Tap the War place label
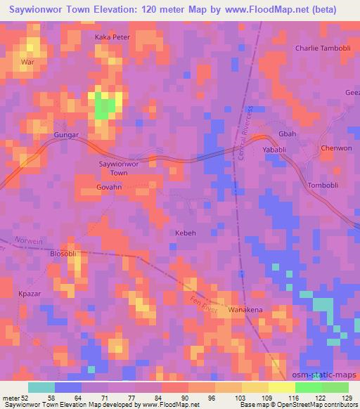[x=28, y=63]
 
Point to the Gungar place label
[x=66, y=133]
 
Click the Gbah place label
[x=287, y=134]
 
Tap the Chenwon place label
[x=335, y=148]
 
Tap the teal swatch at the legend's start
[x=41, y=387]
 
